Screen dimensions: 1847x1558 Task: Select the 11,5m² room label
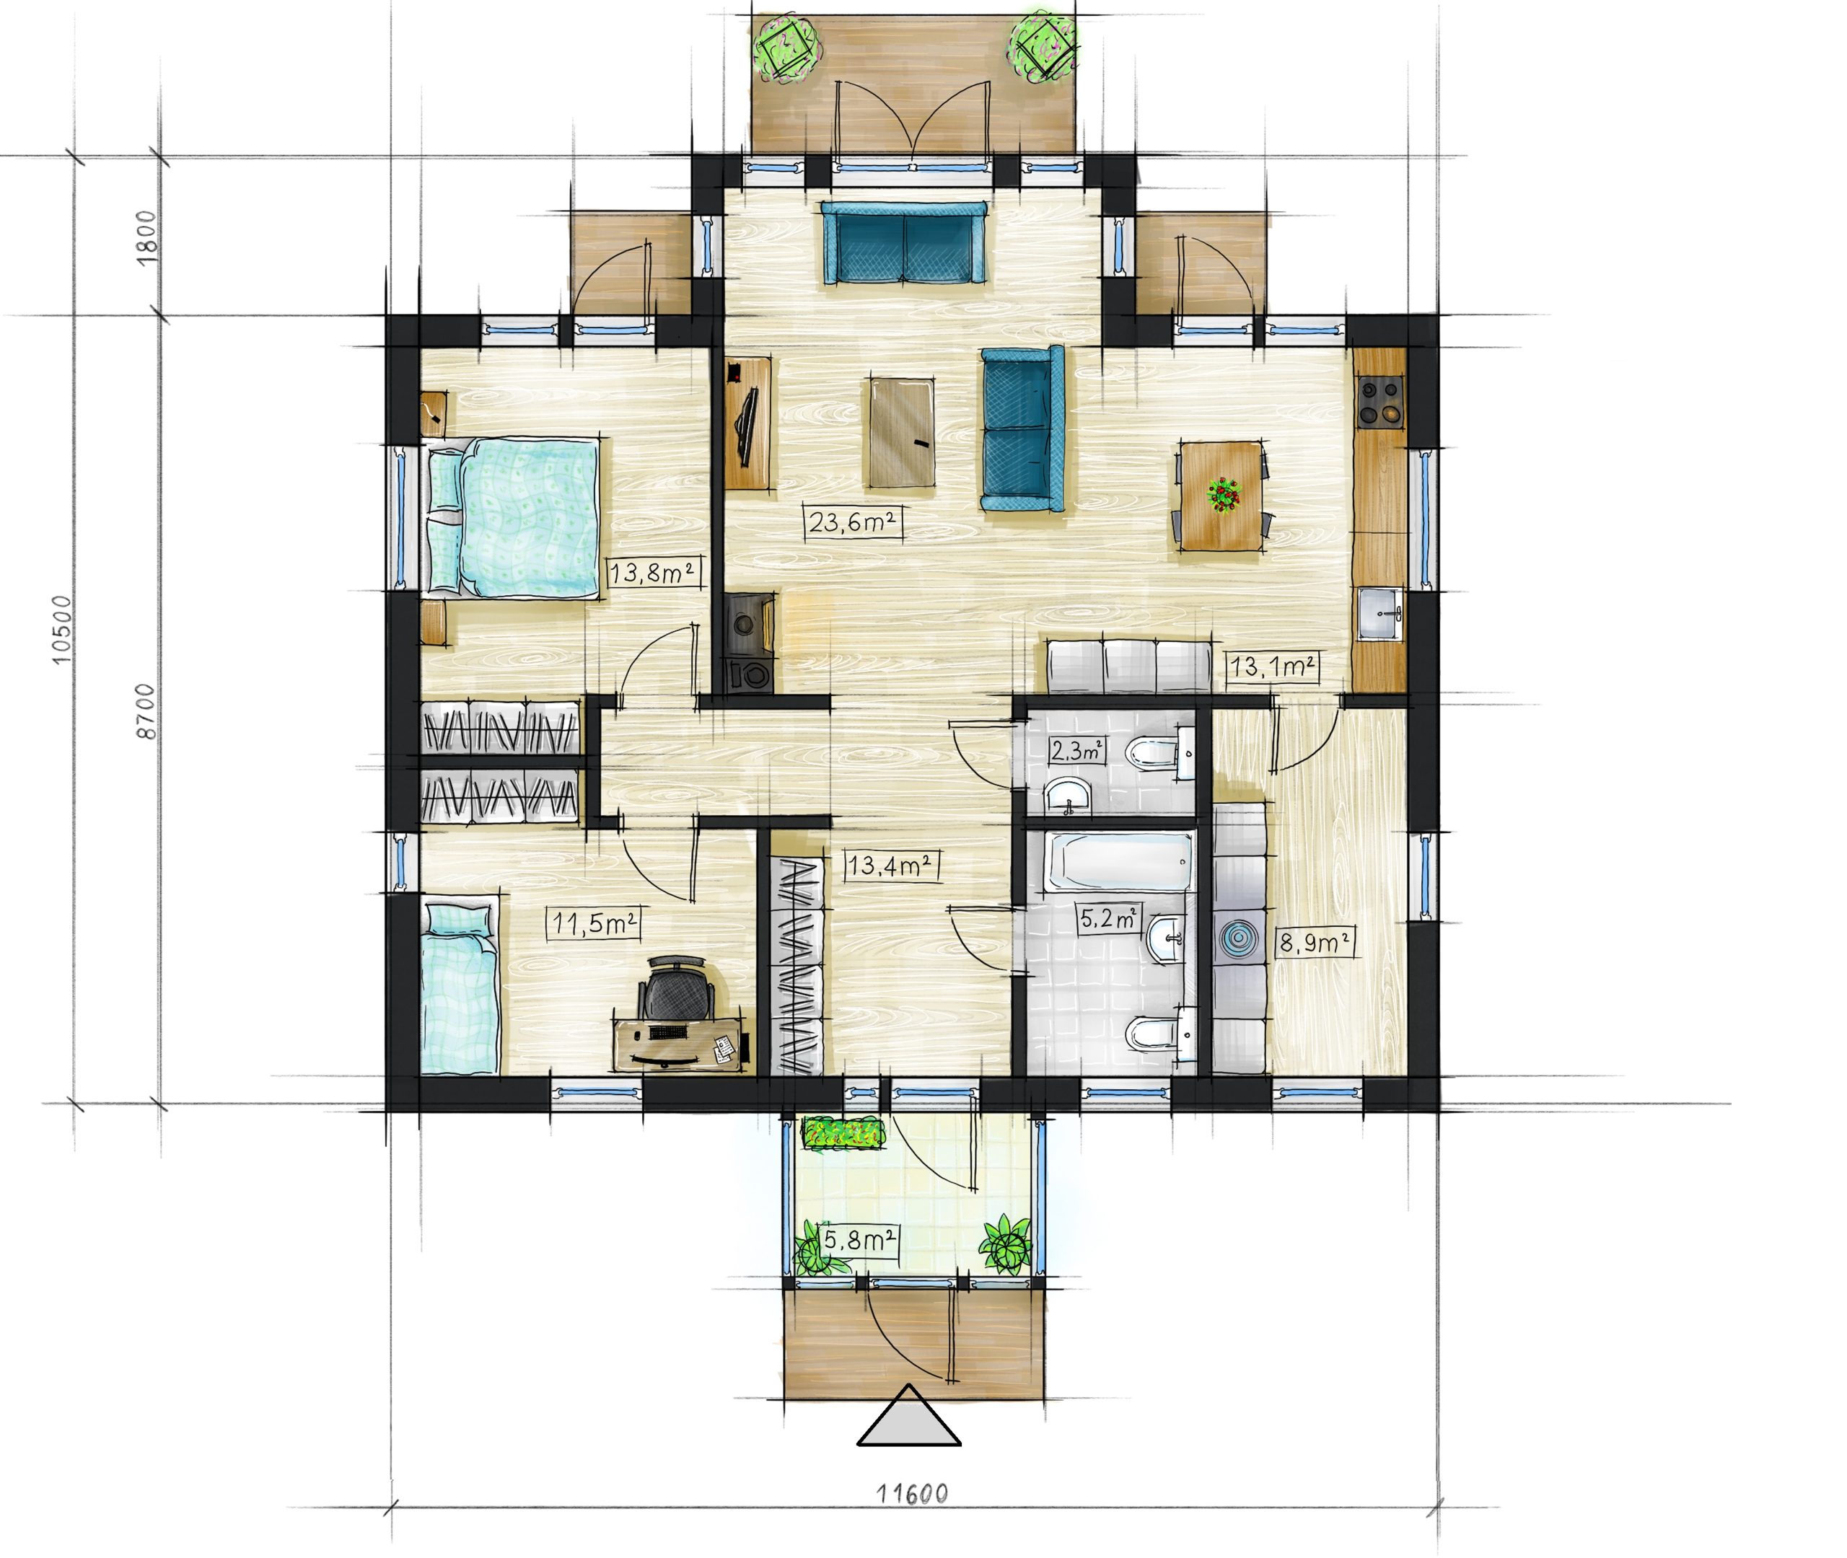(594, 924)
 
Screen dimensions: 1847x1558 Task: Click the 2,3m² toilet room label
(1076, 752)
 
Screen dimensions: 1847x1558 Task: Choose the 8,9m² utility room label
(1315, 943)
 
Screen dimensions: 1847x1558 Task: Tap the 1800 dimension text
(146, 236)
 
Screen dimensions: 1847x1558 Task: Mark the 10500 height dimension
(60, 629)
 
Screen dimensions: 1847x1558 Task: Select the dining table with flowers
(1221, 496)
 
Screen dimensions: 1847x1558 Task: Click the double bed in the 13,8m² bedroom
(512, 518)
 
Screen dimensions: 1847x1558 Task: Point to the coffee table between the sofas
(902, 433)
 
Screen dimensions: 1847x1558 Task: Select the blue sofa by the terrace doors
(903, 243)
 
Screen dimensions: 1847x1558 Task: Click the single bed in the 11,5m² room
(460, 987)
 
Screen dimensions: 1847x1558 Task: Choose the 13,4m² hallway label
(890, 866)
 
